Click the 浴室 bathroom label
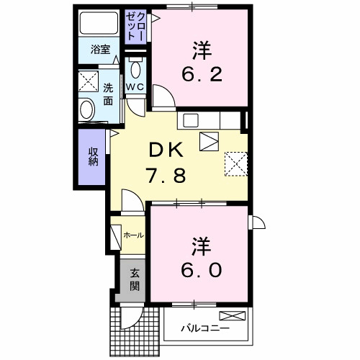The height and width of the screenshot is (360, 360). point(100,50)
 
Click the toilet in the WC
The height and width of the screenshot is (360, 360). point(135,70)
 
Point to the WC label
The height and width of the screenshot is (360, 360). point(135,88)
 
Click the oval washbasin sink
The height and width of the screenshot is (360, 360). point(86,110)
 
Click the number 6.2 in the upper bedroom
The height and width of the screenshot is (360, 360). point(201,74)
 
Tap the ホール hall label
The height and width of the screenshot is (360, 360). point(133,235)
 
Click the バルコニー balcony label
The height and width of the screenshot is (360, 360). point(205,328)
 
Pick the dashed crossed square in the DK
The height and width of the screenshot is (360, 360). point(235,163)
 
